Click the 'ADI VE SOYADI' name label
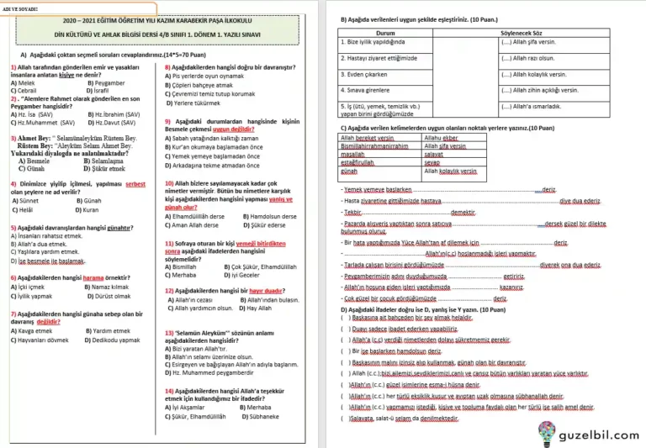tap(19, 9)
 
